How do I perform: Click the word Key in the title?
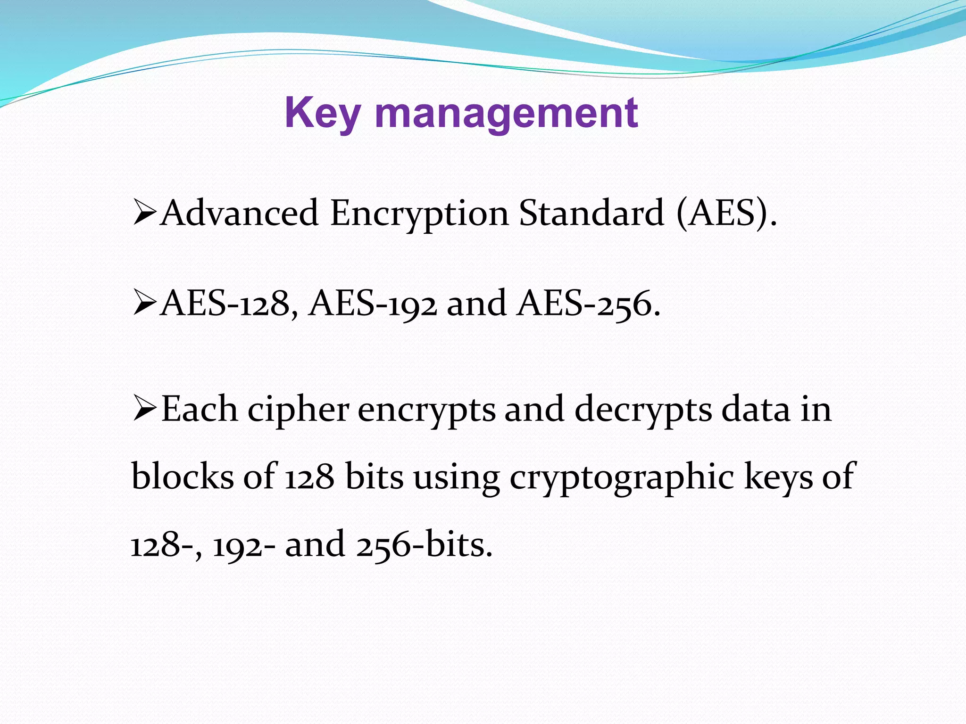(323, 113)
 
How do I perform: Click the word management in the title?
(507, 113)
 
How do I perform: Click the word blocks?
(182, 476)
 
